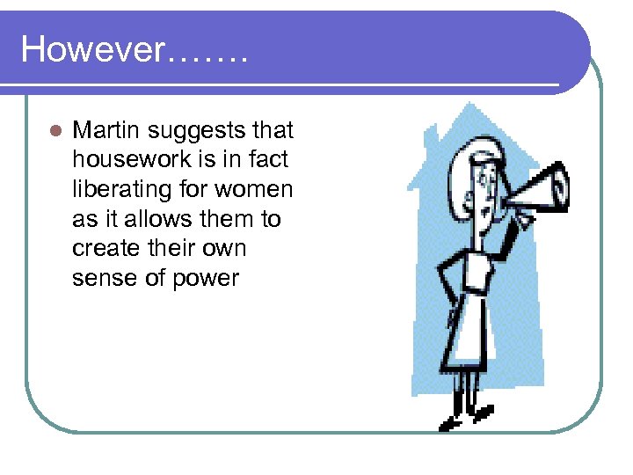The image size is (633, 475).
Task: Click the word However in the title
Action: click(92, 49)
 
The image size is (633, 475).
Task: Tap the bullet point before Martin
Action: click(55, 132)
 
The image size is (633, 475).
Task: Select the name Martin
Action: click(106, 131)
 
